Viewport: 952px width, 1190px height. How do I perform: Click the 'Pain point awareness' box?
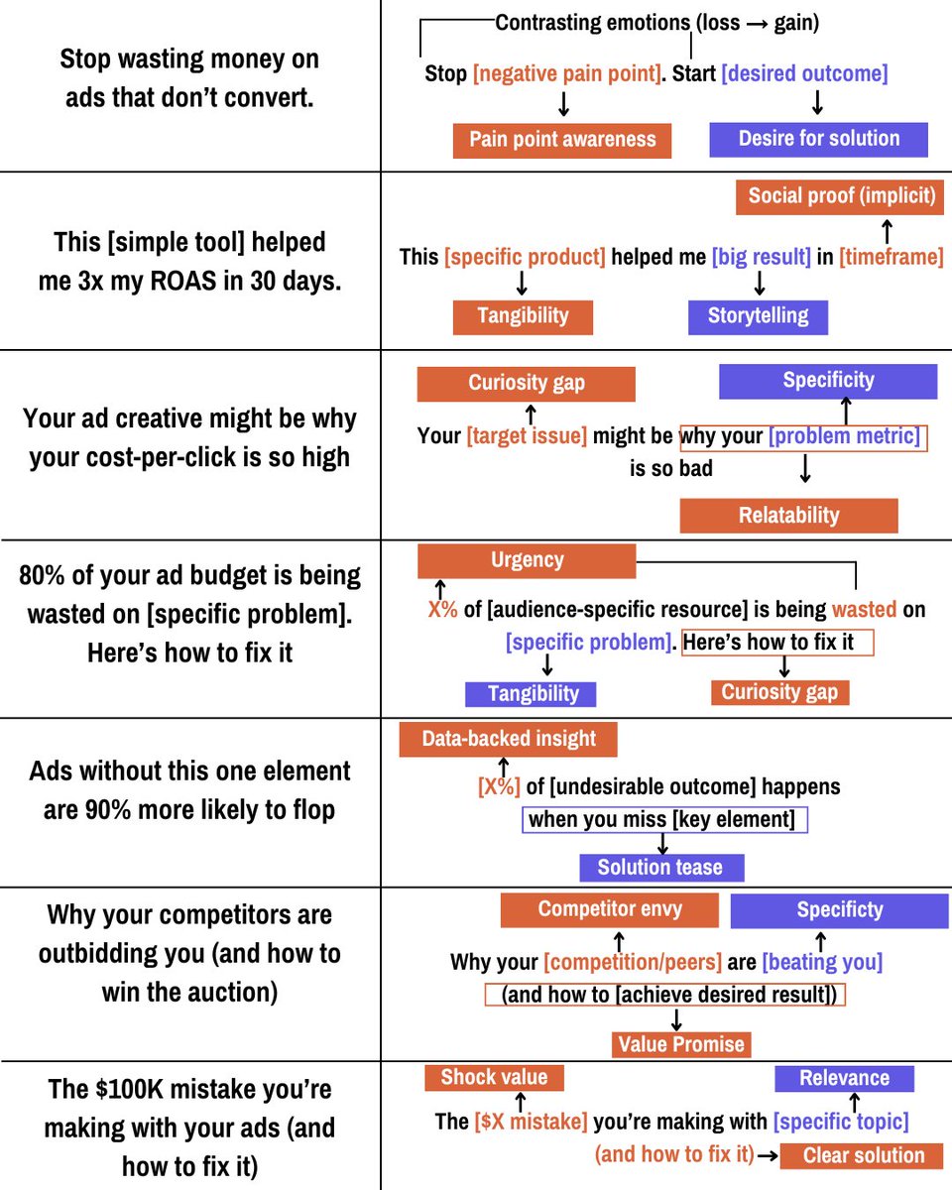pyautogui.click(x=562, y=140)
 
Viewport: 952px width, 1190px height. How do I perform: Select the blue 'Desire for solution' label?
pyautogui.click(x=819, y=139)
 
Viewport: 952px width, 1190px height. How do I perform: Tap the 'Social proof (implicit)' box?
pyautogui.click(x=841, y=195)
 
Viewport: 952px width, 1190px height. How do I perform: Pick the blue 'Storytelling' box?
pyautogui.click(x=758, y=316)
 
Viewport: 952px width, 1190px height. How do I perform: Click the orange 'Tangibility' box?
pyautogui.click(x=523, y=316)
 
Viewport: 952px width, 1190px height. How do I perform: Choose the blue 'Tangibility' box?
pyautogui.click(x=532, y=693)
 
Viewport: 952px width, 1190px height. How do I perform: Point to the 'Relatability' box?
pyautogui.click(x=788, y=516)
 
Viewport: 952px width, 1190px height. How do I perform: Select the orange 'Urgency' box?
pyautogui.click(x=527, y=560)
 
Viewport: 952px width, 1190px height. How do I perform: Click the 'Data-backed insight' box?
pyautogui.click(x=509, y=739)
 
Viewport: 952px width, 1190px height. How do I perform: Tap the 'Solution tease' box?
pyautogui.click(x=660, y=868)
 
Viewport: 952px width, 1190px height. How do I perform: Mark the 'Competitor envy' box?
pyautogui.click(x=610, y=909)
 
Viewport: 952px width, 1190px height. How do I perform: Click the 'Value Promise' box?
pyautogui.click(x=681, y=1044)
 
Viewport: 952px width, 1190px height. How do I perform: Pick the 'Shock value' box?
pyautogui.click(x=494, y=1078)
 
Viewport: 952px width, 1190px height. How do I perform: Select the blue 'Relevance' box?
pyautogui.click(x=844, y=1078)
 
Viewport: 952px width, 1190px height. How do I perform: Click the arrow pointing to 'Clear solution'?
pyautogui.click(x=767, y=1155)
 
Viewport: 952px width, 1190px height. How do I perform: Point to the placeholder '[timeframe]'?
pyautogui.click(x=891, y=257)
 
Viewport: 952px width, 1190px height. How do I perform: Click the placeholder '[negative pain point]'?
pyautogui.click(x=566, y=74)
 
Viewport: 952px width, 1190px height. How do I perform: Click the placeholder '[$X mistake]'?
pyautogui.click(x=531, y=1122)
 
